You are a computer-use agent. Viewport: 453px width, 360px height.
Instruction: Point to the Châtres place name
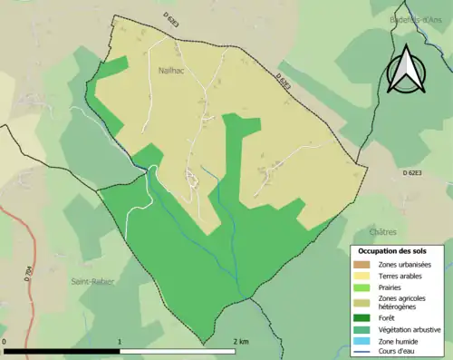point(383,232)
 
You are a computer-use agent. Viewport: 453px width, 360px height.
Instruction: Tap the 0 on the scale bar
point(6,342)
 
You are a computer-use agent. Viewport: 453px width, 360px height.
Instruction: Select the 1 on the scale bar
point(120,342)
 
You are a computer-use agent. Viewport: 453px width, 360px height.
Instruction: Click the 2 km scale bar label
point(241,342)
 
